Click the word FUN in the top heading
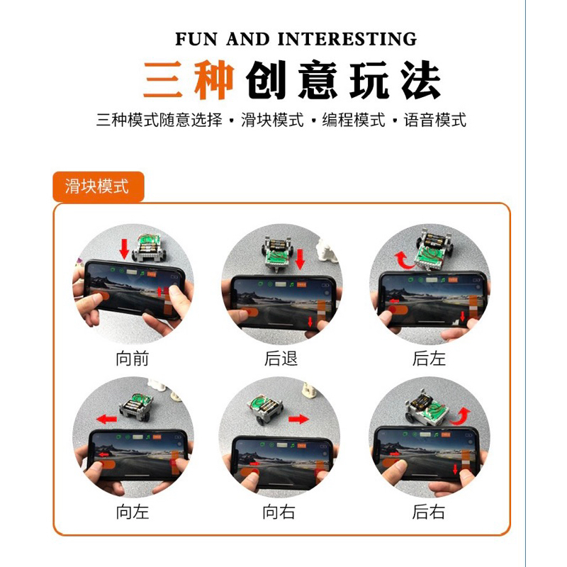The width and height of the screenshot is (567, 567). coord(196,39)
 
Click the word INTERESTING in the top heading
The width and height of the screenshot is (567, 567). coord(347,39)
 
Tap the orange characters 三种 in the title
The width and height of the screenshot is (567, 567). coord(188,79)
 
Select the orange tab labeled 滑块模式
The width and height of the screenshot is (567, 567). coord(99,186)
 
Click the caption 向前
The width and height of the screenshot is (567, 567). coord(133,359)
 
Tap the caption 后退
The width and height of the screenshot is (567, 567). coord(281,359)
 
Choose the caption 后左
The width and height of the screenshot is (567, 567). coord(429,359)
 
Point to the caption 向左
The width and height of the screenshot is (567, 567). coord(133,512)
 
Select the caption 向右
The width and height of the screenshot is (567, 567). coord(279,512)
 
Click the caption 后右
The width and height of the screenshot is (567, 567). coord(429,512)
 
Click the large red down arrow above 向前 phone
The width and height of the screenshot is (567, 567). coord(125,249)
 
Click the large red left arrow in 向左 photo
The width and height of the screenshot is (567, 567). coord(107,419)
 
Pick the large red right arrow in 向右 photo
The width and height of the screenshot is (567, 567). coord(298,419)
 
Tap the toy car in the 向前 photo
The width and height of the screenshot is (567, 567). coord(150,247)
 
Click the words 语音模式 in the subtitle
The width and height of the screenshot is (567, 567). coord(434,120)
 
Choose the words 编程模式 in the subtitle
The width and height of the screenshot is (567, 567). coord(353,120)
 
